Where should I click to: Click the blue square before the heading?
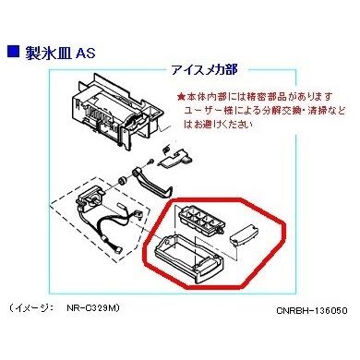12,51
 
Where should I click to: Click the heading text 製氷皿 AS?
60,52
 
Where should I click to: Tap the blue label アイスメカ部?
205,70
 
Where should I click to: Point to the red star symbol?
181,97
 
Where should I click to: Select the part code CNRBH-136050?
312,310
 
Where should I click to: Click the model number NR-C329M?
92,307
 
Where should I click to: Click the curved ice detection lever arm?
151,183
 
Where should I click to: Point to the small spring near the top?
166,150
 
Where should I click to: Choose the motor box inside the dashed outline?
90,198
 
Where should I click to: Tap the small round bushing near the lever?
123,181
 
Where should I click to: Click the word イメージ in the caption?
33,308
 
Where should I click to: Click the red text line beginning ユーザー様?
265,111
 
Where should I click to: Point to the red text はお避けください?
218,125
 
